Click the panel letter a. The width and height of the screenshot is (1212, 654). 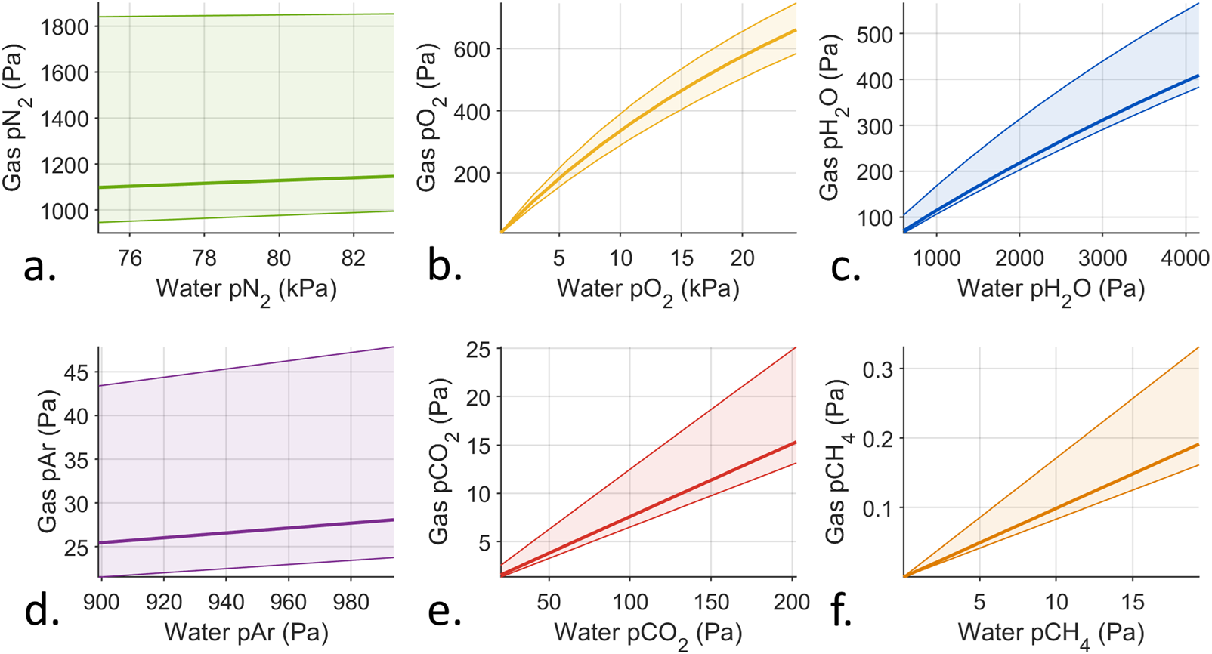click(x=39, y=267)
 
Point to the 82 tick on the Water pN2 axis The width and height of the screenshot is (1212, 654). click(x=354, y=258)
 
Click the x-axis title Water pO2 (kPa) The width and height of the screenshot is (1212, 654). click(x=648, y=290)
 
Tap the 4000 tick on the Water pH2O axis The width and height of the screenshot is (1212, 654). click(x=1184, y=258)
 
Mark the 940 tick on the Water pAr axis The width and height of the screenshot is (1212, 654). click(x=226, y=602)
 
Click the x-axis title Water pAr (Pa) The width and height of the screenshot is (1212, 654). click(x=246, y=631)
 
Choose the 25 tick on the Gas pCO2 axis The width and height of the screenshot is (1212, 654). click(x=478, y=349)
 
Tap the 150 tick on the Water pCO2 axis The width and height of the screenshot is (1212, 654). click(x=711, y=602)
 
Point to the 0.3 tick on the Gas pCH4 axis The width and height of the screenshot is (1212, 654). click(x=878, y=369)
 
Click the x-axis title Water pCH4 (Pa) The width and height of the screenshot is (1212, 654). click(x=1051, y=633)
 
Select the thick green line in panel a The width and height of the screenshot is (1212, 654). click(x=242, y=182)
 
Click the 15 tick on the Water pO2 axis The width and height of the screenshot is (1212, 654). click(x=682, y=258)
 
